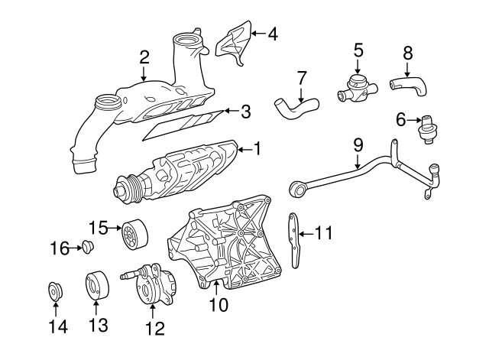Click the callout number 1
click(x=257, y=148)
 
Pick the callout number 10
click(x=219, y=305)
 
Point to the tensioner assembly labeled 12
click(x=149, y=284)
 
